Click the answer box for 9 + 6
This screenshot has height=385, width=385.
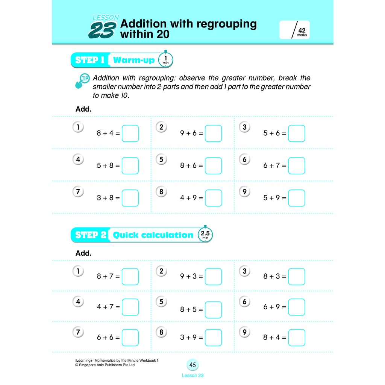click(x=213, y=133)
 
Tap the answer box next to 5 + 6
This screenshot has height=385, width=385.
click(x=296, y=133)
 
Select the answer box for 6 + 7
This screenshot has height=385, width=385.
click(x=296, y=166)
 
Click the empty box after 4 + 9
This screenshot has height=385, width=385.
click(x=213, y=198)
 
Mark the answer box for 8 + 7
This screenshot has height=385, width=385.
click(x=130, y=277)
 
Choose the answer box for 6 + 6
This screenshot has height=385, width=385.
click(x=130, y=338)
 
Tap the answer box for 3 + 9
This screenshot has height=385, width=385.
click(x=213, y=338)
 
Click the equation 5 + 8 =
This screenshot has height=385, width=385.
click(x=108, y=165)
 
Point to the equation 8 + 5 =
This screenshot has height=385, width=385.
click(x=191, y=310)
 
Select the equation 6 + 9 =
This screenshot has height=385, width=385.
click(x=274, y=307)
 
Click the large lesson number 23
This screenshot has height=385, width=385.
click(x=100, y=31)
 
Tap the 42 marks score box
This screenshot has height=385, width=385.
click(x=294, y=30)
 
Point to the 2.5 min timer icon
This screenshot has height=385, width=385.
click(x=205, y=235)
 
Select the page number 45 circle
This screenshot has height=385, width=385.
click(x=192, y=365)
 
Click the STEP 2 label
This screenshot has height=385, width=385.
click(x=91, y=235)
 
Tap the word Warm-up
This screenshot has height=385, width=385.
click(x=133, y=60)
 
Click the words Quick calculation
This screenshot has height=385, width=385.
click(x=153, y=235)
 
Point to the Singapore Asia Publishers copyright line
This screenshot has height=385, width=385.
click(x=105, y=365)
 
